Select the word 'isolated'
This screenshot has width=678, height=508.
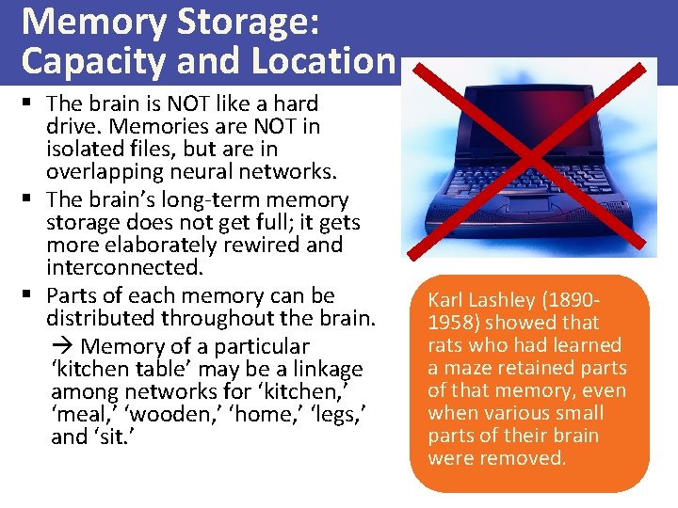click(85, 149)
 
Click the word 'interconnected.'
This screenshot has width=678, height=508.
click(123, 267)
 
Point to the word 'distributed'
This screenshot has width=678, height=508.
click(105, 318)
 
